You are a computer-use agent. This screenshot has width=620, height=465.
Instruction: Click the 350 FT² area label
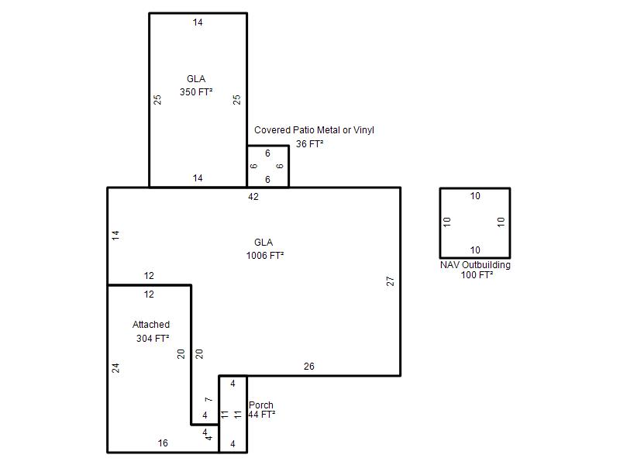[x=196, y=91]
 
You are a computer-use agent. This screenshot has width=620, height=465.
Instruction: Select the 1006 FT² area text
[x=265, y=256]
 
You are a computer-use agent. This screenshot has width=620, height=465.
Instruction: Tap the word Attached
[x=151, y=325]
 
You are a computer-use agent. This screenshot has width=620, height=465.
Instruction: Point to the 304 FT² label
[x=153, y=339]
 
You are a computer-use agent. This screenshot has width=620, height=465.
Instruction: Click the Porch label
[x=261, y=405]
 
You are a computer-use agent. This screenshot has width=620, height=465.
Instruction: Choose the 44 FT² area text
[x=262, y=415]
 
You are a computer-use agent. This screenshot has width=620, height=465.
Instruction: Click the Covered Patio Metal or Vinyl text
[x=314, y=130]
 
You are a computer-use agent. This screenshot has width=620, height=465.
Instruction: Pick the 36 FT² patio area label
[x=309, y=144]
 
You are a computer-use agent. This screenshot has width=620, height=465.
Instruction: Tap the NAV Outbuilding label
[x=475, y=264]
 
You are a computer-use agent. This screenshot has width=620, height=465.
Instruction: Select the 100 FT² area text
[x=477, y=275]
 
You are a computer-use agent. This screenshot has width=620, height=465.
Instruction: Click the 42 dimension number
[x=253, y=197]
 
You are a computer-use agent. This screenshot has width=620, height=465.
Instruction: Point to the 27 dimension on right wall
[x=391, y=281]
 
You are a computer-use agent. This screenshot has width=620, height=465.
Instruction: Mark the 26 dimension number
[x=309, y=367]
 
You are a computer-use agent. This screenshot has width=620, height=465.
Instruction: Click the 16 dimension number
[x=163, y=443]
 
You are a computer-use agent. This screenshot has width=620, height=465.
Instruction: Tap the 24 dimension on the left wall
[x=115, y=368]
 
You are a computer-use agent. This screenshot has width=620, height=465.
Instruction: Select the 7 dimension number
[x=208, y=400]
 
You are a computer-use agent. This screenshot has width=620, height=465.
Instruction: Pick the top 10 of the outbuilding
[x=475, y=196]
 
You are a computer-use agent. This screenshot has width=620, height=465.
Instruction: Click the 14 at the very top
[x=198, y=22]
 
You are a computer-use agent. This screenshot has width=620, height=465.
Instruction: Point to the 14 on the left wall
[x=115, y=236]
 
